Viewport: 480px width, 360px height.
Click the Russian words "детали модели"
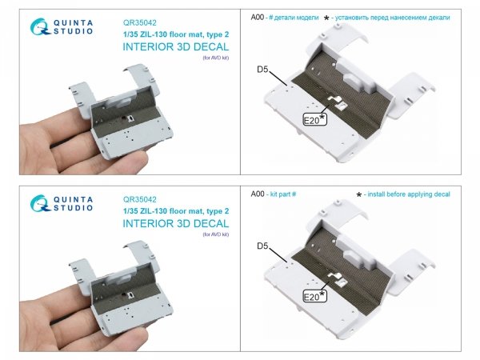(x=296, y=18)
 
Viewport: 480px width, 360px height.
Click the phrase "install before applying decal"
(x=409, y=194)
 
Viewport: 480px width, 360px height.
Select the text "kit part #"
(x=283, y=194)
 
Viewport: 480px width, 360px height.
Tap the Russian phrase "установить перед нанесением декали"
(x=393, y=18)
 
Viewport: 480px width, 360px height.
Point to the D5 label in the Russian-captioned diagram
(x=262, y=70)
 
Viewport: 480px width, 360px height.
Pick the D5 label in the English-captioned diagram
(x=262, y=246)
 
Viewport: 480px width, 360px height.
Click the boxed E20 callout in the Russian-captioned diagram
(x=314, y=119)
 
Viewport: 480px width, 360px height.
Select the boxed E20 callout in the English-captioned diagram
(x=314, y=296)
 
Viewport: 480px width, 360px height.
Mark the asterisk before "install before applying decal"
(x=359, y=194)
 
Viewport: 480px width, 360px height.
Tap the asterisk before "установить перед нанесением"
(x=326, y=18)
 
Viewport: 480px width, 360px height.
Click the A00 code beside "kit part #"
(x=257, y=194)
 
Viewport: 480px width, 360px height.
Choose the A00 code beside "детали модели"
(x=257, y=18)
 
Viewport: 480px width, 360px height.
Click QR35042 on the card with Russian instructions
(x=139, y=23)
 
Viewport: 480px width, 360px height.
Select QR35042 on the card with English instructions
(x=139, y=199)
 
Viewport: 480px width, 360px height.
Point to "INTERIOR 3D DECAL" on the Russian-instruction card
(x=176, y=47)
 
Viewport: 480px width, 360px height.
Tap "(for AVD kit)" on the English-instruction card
(x=216, y=234)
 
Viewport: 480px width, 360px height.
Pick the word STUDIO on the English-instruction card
(x=73, y=208)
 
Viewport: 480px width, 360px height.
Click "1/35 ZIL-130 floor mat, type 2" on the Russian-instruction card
(x=176, y=34)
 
